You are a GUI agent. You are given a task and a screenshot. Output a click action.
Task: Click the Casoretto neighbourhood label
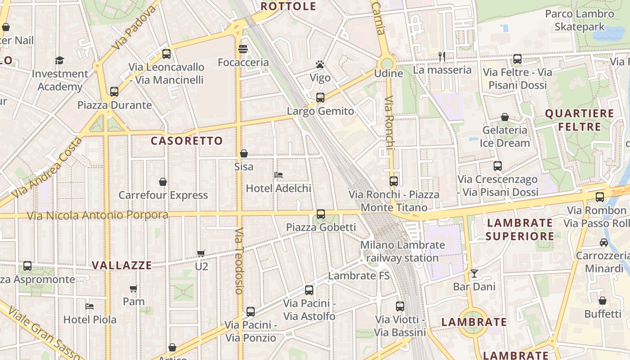187,141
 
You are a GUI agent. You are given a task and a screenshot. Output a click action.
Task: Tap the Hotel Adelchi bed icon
279,175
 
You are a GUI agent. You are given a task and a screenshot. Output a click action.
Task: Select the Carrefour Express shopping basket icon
163,182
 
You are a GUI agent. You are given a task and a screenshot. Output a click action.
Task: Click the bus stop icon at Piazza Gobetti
320,214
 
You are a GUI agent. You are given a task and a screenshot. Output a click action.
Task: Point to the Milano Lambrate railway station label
402,252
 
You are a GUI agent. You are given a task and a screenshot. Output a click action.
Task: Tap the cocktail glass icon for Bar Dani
474,273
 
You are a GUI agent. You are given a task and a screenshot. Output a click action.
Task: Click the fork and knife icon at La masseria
442,56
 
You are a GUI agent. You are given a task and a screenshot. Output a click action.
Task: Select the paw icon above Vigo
320,64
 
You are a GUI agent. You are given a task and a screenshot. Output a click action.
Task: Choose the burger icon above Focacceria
243,49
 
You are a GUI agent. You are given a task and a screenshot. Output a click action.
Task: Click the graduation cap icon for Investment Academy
60,60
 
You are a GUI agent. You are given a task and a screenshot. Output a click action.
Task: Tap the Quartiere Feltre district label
580,120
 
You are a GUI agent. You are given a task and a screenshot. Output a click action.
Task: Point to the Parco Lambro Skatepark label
580,20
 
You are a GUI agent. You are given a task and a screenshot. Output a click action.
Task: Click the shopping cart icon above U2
201,253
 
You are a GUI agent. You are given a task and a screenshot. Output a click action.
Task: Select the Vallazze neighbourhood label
122,265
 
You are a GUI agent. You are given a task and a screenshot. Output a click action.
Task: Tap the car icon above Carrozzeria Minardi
604,243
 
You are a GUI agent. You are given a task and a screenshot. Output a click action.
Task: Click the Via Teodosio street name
239,261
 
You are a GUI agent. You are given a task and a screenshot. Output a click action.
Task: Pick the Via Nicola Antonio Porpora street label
97,216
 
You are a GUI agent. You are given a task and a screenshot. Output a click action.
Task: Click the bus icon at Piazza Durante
114,92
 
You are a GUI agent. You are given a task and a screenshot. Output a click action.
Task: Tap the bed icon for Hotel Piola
90,306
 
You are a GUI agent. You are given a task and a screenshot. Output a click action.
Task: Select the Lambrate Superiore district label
520,229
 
